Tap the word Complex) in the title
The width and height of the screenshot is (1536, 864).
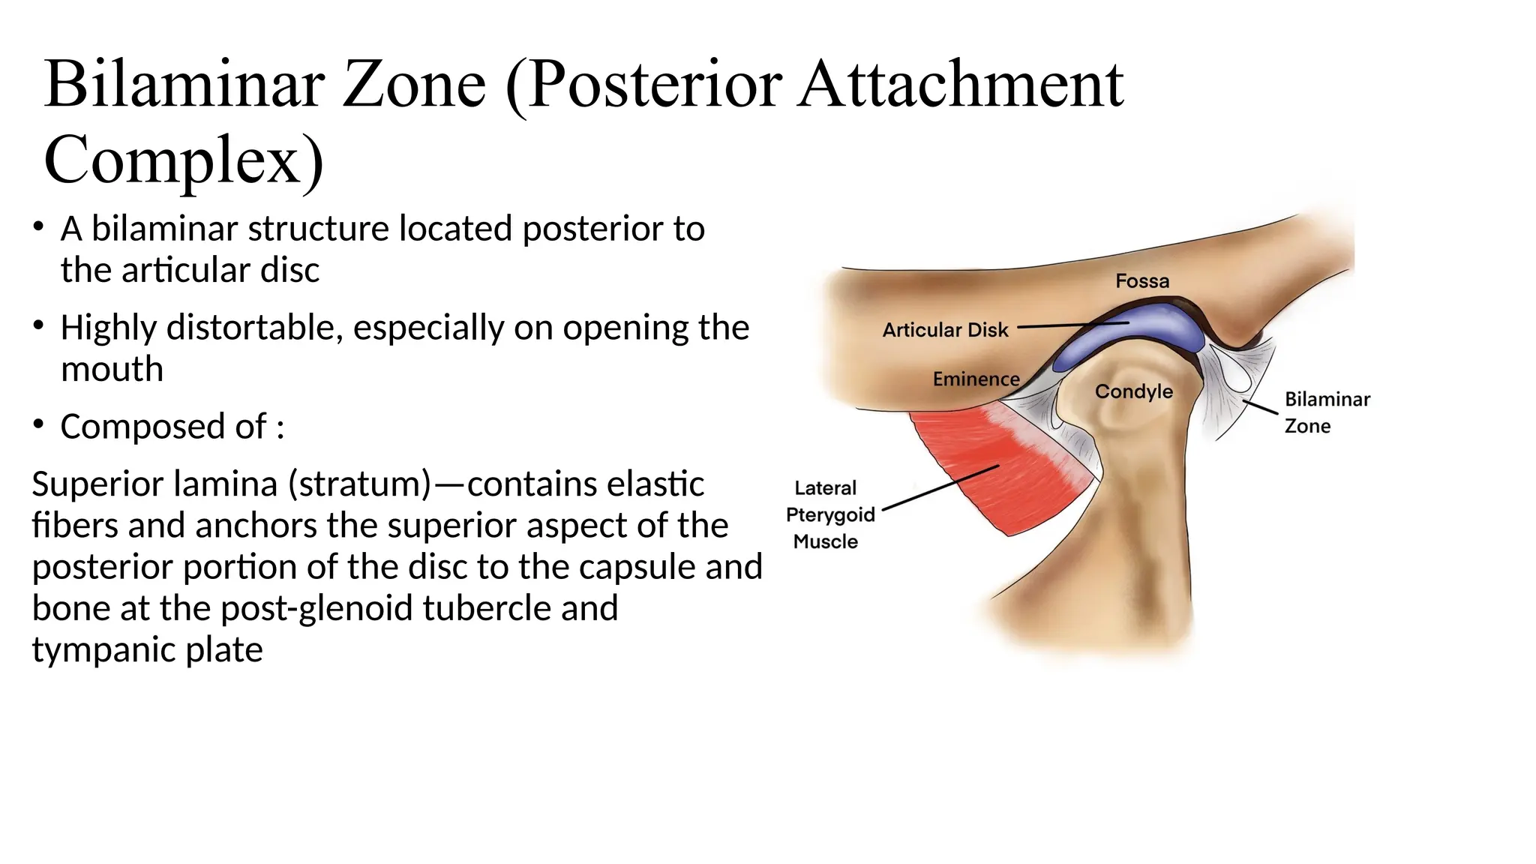pos(184,160)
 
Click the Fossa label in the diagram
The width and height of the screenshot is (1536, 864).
pos(1142,281)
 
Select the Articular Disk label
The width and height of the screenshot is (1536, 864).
pos(945,330)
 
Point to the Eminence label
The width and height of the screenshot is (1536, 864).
pos(976,379)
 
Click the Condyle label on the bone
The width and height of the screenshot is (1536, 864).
pos(1133,391)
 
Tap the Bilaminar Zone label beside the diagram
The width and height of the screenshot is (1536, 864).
pos(1326,412)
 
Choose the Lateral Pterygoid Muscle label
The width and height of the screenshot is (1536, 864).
pos(829,514)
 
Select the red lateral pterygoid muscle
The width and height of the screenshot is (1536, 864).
pos(990,465)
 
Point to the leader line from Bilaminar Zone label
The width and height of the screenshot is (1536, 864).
pos(1260,407)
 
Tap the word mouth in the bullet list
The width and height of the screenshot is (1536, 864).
pos(112,369)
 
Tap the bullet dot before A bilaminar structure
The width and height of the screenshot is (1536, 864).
pos(38,226)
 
